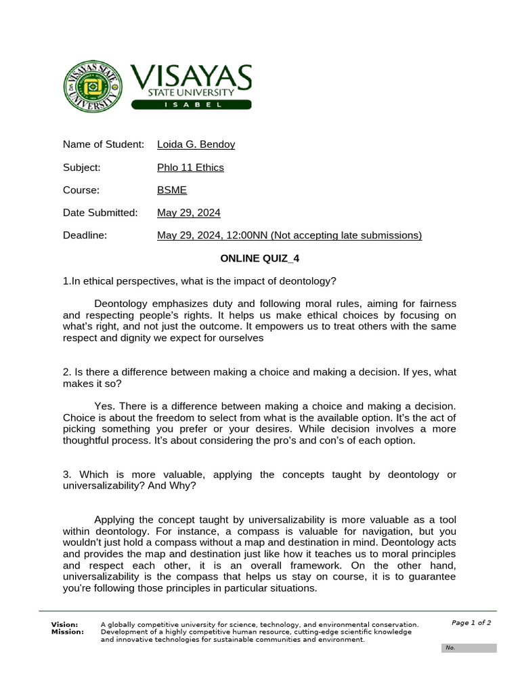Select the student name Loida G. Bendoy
(x=196, y=144)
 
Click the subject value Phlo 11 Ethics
(x=190, y=167)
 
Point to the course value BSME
(x=172, y=190)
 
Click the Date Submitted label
(x=100, y=213)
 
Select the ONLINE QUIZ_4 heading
(x=260, y=258)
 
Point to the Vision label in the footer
(x=65, y=624)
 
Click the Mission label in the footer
(x=68, y=632)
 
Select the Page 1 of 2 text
(x=471, y=623)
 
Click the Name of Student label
(x=104, y=144)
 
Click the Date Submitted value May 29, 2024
(x=189, y=213)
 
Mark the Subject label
(x=82, y=167)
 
